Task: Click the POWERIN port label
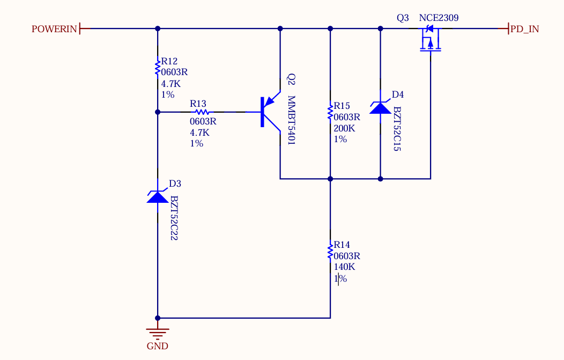coord(54,29)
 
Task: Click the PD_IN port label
coord(525,29)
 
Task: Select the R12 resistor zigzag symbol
coord(158,68)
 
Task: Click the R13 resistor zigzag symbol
coord(202,112)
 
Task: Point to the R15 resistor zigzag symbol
coord(330,113)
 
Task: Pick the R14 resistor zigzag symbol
coord(330,251)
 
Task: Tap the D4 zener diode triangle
coord(381,107)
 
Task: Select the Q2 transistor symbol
coord(271,112)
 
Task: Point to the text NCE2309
coord(439,18)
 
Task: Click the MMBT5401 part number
coord(291,120)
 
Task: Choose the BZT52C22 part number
coord(174,218)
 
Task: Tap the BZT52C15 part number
coord(397,129)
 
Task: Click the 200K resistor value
coord(344,128)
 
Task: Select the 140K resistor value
coord(344,267)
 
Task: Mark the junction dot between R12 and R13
coord(158,112)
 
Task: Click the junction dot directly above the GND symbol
coord(158,318)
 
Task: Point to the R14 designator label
coord(342,245)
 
